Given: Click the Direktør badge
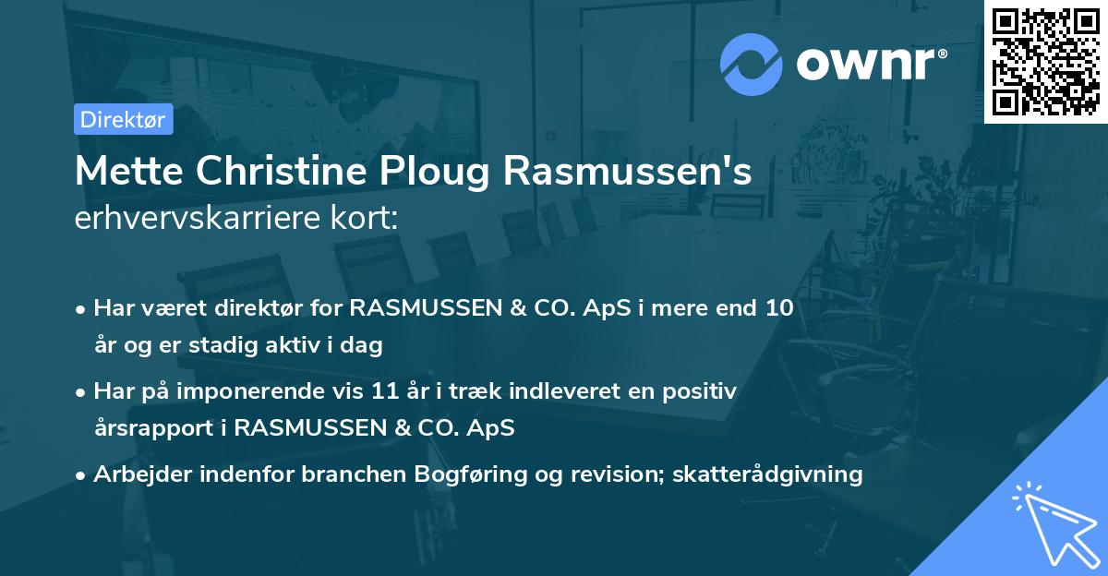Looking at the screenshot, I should click(x=123, y=119).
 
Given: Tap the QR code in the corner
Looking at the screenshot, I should click(x=1045, y=61).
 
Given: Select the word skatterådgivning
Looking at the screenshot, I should click(x=767, y=474).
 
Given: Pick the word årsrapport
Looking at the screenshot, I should click(x=156, y=428).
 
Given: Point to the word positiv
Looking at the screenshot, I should click(x=701, y=390).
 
